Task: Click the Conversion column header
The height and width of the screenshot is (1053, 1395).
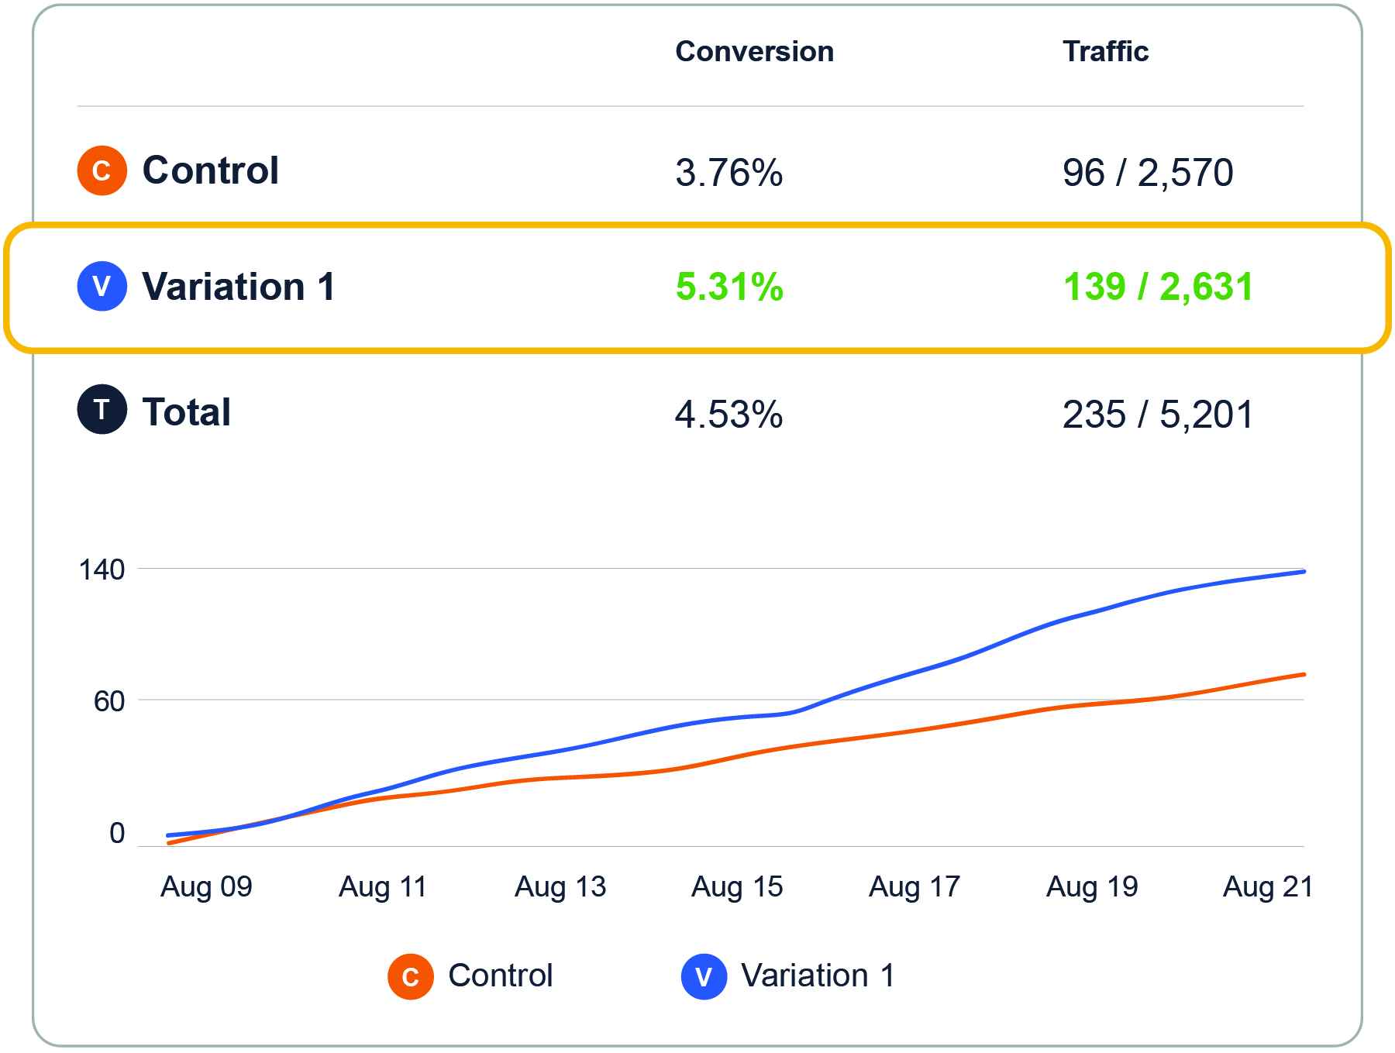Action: coord(754,52)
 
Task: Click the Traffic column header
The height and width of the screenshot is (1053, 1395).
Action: coord(1105,52)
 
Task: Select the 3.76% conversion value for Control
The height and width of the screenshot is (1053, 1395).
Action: coord(728,172)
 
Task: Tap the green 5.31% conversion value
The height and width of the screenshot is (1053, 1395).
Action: coord(729,287)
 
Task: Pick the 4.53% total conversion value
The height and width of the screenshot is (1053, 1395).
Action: coord(728,414)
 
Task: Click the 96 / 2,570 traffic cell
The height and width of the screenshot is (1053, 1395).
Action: coord(1148,172)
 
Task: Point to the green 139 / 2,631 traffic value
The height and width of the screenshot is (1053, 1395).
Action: coord(1158,287)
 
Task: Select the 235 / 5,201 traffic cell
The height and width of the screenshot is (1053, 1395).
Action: coord(1158,414)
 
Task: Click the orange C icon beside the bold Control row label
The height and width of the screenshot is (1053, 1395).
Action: coord(102,170)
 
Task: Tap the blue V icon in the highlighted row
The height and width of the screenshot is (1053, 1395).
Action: coord(102,287)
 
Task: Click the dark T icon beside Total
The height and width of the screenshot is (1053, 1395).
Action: coord(102,409)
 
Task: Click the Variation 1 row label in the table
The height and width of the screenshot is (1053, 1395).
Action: coord(239,287)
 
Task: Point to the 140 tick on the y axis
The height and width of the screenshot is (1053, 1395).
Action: coord(102,570)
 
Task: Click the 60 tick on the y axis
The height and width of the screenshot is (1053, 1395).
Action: coord(108,702)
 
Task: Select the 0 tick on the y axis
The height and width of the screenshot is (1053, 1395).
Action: coord(117,834)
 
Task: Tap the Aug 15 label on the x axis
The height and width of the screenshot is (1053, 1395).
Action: coord(737,887)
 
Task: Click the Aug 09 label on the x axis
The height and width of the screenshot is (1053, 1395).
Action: coord(206,887)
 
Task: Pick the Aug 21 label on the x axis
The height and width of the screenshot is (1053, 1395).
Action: coord(1268,887)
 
